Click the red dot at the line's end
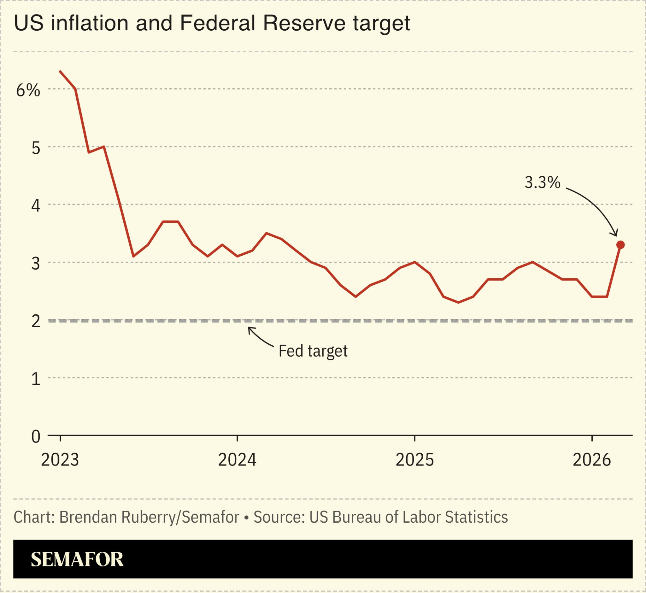[x=620, y=245]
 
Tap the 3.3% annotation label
[x=543, y=182]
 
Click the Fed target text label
[x=313, y=351]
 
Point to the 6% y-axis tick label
[x=28, y=90]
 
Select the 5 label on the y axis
[x=36, y=148]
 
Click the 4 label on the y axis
[x=36, y=206]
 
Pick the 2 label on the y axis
[x=36, y=321]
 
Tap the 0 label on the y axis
[x=36, y=437]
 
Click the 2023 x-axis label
[x=60, y=460]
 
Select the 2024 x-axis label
[x=237, y=460]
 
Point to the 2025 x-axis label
[x=414, y=460]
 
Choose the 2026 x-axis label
[x=592, y=460]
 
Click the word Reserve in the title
[x=304, y=23]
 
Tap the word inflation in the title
[x=90, y=23]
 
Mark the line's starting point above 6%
[x=60, y=72]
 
